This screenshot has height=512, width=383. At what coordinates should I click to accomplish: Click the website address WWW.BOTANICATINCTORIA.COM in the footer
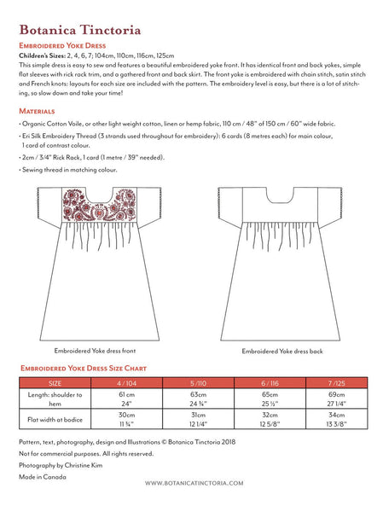(x=191, y=484)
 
